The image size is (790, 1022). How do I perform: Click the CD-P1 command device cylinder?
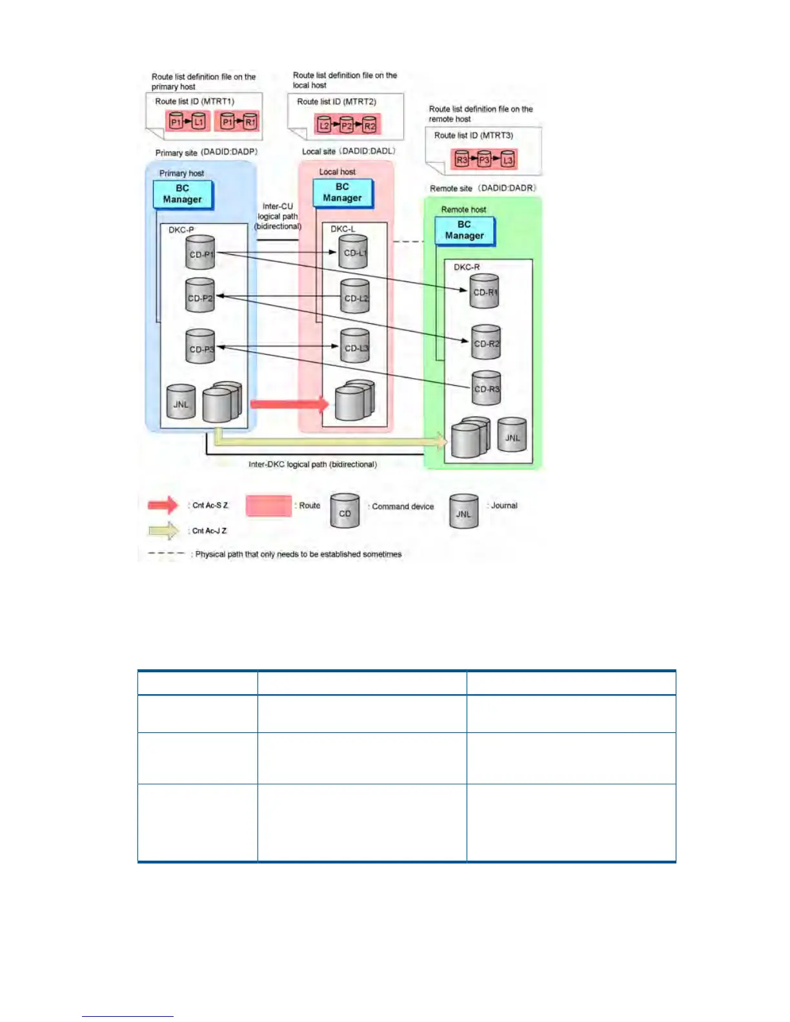coord(200,254)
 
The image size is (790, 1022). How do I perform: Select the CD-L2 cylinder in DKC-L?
coord(355,297)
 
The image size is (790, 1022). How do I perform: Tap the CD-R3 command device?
coord(486,388)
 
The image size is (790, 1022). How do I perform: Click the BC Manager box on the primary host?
coord(183,194)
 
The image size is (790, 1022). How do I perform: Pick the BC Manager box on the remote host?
coord(464,230)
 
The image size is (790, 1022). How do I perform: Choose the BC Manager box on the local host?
coord(342,192)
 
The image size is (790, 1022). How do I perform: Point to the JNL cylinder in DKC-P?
coord(181,403)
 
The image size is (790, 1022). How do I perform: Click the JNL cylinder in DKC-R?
coord(512,436)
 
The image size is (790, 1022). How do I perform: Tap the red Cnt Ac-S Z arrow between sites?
coord(289,405)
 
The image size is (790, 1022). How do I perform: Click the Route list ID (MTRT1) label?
coord(194,101)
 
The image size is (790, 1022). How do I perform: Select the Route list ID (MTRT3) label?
coord(473,135)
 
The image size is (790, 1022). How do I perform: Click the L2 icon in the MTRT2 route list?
coord(324,125)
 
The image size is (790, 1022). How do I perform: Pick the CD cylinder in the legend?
coord(345,512)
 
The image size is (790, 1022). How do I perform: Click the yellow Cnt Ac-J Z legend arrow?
coord(164,531)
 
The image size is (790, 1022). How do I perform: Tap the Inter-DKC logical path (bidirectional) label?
coord(312,465)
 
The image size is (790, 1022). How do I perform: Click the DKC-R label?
coord(467,267)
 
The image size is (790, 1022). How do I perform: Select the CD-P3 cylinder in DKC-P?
coord(200,347)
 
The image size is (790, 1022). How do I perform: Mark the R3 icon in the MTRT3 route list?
coord(461,159)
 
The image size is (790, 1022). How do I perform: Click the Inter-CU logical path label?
coord(278,216)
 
